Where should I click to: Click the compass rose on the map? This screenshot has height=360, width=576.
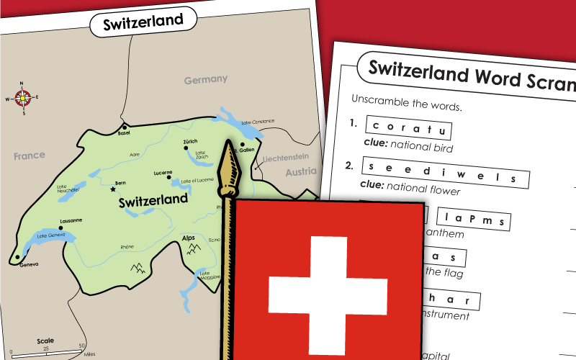click(x=23, y=97)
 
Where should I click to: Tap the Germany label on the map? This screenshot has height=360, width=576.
click(x=205, y=79)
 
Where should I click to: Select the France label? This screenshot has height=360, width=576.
click(x=29, y=155)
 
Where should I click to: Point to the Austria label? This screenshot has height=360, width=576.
click(x=300, y=172)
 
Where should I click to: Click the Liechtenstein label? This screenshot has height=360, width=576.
click(x=285, y=156)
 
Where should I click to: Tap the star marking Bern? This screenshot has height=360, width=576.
click(x=112, y=189)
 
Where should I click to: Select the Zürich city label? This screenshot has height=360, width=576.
click(x=190, y=141)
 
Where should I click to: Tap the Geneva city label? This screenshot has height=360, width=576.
click(x=29, y=264)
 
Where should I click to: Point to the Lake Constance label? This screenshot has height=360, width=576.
click(x=258, y=122)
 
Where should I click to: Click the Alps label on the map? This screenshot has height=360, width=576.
click(x=189, y=237)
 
